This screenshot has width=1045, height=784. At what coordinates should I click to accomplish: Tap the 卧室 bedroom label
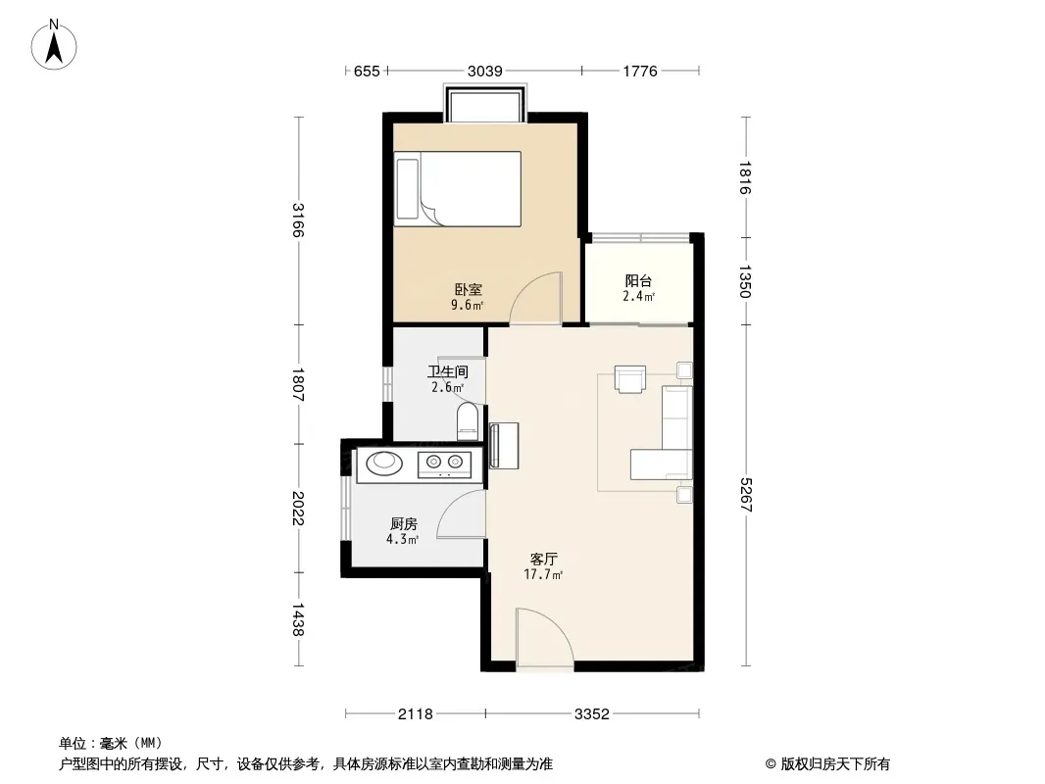click(x=468, y=290)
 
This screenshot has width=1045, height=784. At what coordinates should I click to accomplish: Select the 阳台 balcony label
click(x=638, y=281)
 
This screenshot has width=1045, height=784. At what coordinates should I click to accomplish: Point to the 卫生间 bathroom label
click(x=448, y=371)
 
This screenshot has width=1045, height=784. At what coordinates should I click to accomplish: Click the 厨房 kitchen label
click(x=403, y=524)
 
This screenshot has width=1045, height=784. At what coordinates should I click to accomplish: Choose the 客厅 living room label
click(x=544, y=559)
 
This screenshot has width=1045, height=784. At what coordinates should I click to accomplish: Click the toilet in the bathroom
click(x=468, y=421)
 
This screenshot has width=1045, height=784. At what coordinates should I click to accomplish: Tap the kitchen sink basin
click(x=384, y=463)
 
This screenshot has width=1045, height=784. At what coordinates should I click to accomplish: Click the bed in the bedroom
click(x=457, y=189)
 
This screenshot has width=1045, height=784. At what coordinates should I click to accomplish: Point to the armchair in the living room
click(x=629, y=378)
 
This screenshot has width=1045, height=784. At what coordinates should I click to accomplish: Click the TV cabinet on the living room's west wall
click(x=504, y=446)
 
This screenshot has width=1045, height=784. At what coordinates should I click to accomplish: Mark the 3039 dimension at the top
click(x=484, y=71)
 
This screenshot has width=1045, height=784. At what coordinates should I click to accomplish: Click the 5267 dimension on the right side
click(x=746, y=495)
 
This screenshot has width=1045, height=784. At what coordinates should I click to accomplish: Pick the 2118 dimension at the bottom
click(x=416, y=714)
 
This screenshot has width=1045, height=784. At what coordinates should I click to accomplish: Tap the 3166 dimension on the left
click(x=298, y=220)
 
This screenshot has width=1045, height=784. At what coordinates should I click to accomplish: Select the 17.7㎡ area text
click(x=544, y=574)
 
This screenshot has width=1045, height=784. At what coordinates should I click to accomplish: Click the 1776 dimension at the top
click(x=640, y=71)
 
